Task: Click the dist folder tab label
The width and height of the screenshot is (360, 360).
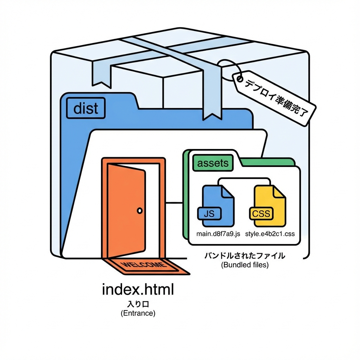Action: click(86, 108)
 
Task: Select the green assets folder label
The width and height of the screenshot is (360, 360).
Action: click(213, 163)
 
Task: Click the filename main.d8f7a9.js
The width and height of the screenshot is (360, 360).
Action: click(218, 234)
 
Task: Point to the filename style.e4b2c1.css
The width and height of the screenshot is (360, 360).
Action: click(270, 234)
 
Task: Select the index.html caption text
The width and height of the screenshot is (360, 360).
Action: click(138, 290)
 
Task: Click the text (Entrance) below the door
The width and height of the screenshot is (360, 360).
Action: click(138, 313)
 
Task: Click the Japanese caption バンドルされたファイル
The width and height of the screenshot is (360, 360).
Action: click(245, 256)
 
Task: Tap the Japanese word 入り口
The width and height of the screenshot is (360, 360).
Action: click(138, 303)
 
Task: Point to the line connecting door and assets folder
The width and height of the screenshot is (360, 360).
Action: click(174, 202)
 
